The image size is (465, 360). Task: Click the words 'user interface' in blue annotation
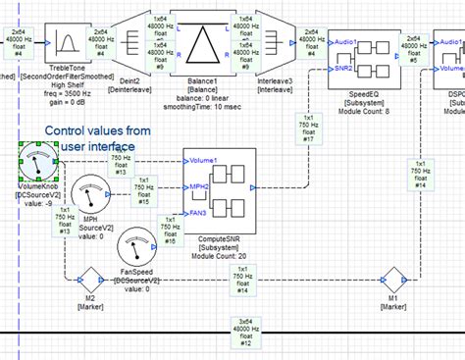pos(93,147)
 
